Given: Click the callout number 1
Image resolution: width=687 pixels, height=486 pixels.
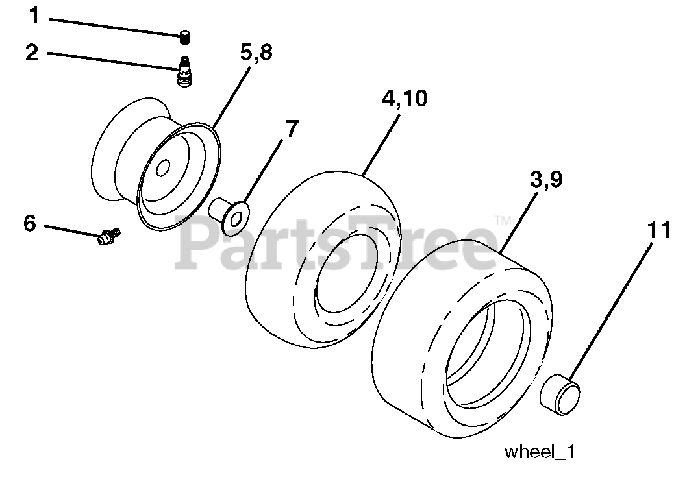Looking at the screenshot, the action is (33, 16).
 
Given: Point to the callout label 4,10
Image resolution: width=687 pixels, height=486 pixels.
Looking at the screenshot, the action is (405, 99).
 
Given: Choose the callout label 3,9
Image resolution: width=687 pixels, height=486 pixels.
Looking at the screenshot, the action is (545, 180).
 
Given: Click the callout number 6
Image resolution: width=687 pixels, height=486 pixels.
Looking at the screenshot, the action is (29, 223).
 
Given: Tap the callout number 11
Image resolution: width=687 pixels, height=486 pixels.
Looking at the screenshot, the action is (658, 230).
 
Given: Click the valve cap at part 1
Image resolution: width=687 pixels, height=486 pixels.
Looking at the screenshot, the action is (186, 38).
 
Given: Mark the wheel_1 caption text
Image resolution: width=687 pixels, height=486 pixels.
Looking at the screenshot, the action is (540, 452).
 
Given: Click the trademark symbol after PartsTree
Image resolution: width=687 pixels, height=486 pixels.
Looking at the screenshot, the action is (502, 221).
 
